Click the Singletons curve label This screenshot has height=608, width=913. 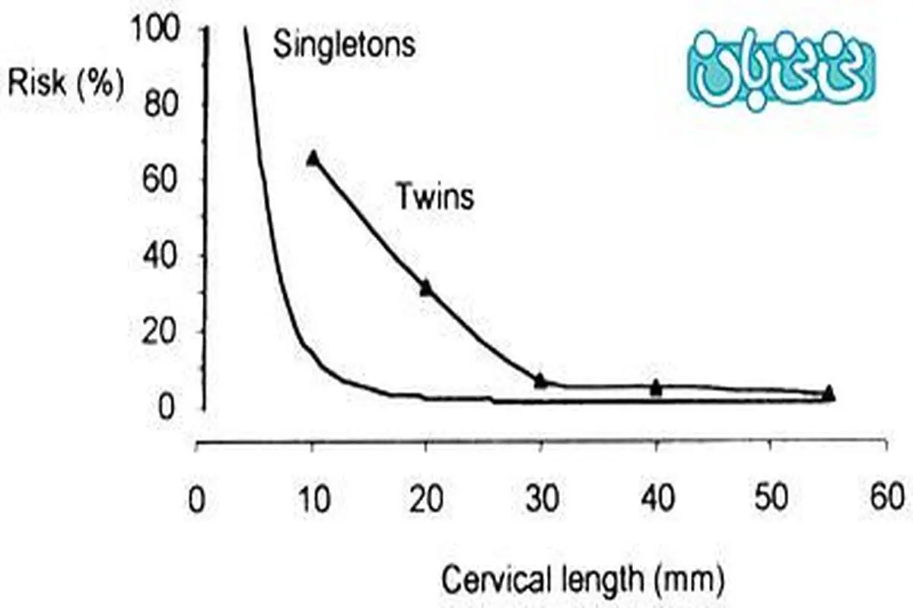pyautogui.click(x=345, y=46)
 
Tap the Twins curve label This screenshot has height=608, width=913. pyautogui.click(x=435, y=196)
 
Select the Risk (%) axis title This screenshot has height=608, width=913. pyautogui.click(x=65, y=84)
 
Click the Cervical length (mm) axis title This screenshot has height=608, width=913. pyautogui.click(x=584, y=579)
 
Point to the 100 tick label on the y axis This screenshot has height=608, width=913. pyautogui.click(x=155, y=29)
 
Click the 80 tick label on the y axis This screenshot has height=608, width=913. pyautogui.click(x=161, y=104)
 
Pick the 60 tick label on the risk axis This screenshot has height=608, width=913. pyautogui.click(x=161, y=179)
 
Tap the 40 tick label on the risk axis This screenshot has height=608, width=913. pyautogui.click(x=161, y=256)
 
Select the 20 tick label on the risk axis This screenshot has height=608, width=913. pyautogui.click(x=159, y=331)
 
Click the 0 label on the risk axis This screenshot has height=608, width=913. pyautogui.click(x=167, y=407)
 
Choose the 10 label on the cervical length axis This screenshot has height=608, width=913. pyautogui.click(x=314, y=499)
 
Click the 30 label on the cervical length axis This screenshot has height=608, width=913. pyautogui.click(x=542, y=499)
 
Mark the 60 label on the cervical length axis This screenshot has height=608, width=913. pyautogui.click(x=887, y=497)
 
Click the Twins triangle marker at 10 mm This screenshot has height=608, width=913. pyautogui.click(x=313, y=158)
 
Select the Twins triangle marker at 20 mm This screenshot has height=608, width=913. pyautogui.click(x=426, y=287)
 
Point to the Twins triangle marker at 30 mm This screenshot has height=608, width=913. pyautogui.click(x=540, y=380)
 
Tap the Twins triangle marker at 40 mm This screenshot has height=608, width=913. pyautogui.click(x=656, y=388)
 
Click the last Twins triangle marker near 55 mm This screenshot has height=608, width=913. pyautogui.click(x=829, y=394)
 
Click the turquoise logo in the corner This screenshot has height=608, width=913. pyautogui.click(x=781, y=69)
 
